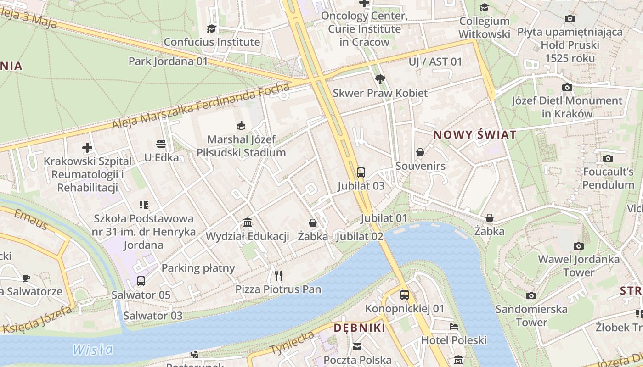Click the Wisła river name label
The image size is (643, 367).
(x=93, y=350)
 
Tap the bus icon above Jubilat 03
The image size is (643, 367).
(x=361, y=172)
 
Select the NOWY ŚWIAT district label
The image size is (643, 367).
(x=475, y=135)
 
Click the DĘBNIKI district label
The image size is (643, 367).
(x=360, y=328)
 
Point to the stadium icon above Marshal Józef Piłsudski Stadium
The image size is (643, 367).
(x=241, y=125)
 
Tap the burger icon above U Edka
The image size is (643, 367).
(x=161, y=144)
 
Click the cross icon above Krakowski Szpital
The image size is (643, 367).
(x=87, y=148)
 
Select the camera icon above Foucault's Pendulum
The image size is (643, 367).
(x=608, y=159)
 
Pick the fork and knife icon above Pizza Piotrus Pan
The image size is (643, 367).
(x=278, y=275)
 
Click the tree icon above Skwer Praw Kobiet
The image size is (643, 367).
(x=380, y=79)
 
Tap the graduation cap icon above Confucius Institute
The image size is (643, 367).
(x=211, y=28)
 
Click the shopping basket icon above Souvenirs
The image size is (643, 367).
(x=420, y=152)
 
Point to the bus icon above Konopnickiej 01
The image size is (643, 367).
(x=404, y=295)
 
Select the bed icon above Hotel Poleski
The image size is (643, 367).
(x=453, y=327)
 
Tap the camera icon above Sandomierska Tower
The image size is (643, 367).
(x=531, y=295)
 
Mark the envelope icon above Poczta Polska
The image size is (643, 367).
(x=357, y=347)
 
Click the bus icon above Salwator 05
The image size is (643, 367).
(x=141, y=281)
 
